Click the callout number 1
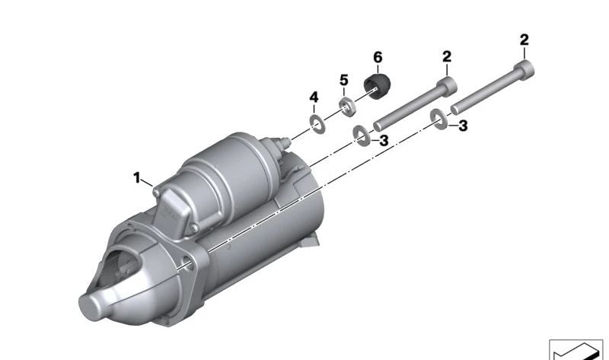click(x=136, y=178)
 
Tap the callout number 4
click(x=314, y=97)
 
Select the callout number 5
click(x=344, y=81)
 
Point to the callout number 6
click(x=378, y=58)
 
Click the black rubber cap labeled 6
click(x=377, y=85)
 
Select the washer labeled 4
click(x=317, y=124)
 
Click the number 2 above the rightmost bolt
click(x=525, y=40)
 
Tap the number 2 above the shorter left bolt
click(x=447, y=56)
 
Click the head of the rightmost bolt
click(x=525, y=70)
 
